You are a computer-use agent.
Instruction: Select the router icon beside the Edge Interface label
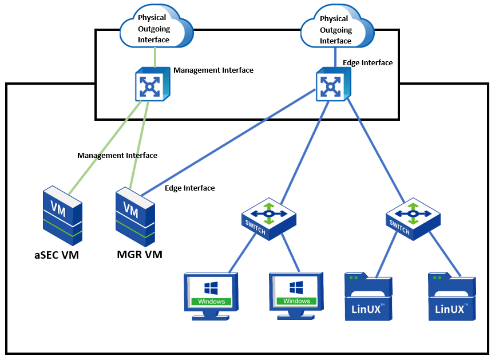(332, 84)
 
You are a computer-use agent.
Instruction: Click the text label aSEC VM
(56, 255)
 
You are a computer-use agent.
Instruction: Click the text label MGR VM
(140, 254)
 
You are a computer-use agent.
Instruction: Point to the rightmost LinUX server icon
(452, 297)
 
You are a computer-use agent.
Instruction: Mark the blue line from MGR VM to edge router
(229, 140)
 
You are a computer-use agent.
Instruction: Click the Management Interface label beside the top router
(213, 70)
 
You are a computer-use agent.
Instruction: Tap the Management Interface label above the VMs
(117, 155)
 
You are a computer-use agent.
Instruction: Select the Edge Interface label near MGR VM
(189, 188)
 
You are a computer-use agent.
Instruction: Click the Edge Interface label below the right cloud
(367, 63)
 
